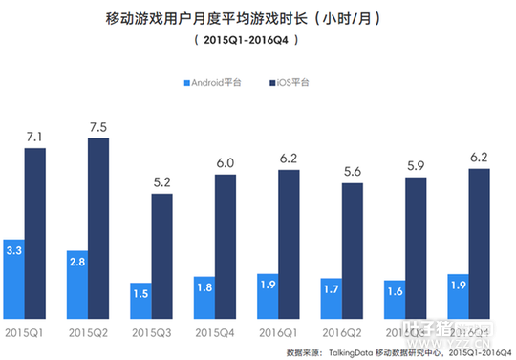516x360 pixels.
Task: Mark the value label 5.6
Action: click(x=352, y=174)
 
